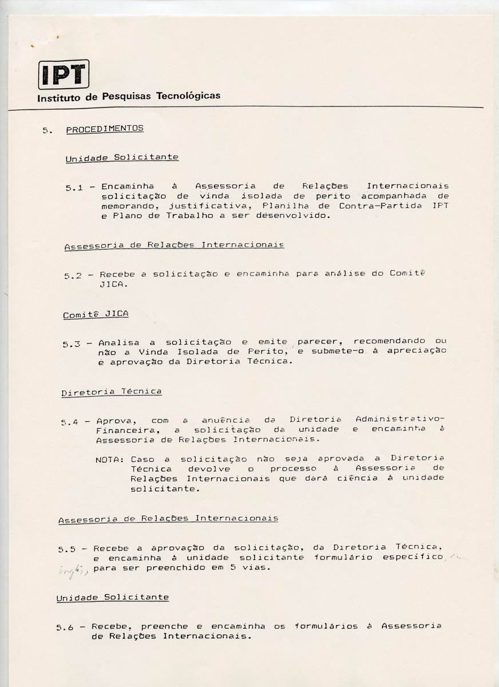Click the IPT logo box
pos(63,74)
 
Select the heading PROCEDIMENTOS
pos(105,129)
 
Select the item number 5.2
pos(73,275)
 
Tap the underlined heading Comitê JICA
pos(96,314)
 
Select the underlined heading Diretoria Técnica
pos(112,392)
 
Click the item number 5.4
pos(70,423)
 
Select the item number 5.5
pos(67,549)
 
